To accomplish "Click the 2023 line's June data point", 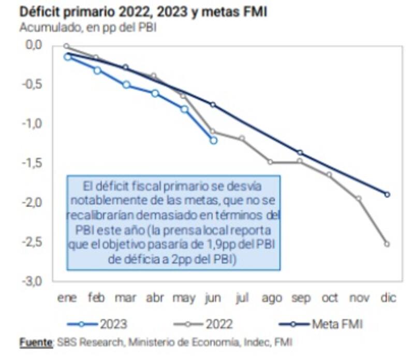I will pos(214,140).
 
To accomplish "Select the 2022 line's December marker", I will pos(387,244).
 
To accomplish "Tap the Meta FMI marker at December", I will pos(387,194).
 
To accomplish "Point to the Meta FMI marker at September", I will pos(300,153).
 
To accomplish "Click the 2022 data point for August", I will pos(270,162).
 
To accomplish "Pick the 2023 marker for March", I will pos(126,84).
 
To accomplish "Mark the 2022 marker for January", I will pos(67,46).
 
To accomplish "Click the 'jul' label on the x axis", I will pos(242,298).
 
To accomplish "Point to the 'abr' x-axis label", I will pos(155,298).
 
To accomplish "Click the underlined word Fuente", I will pos(35,342).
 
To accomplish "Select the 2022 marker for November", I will pos(358,198).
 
